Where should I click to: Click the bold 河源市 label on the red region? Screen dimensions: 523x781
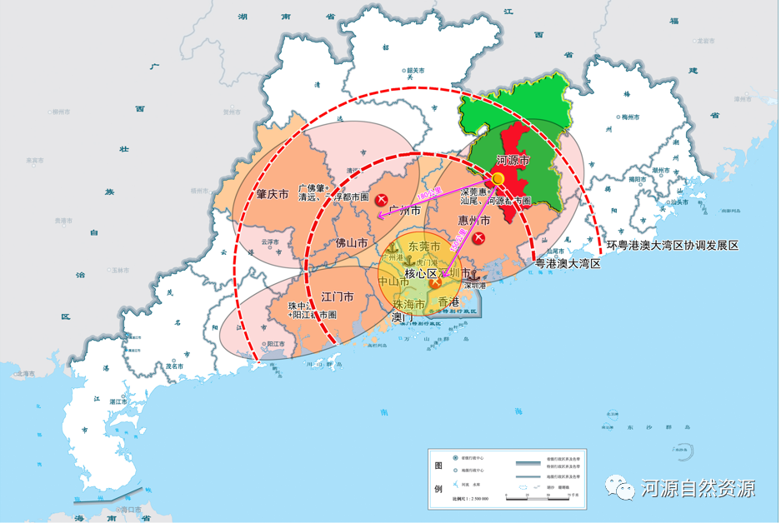coord(513,160)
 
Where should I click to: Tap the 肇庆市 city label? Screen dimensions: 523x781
coord(272,194)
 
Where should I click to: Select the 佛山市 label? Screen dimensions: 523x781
coord(352,243)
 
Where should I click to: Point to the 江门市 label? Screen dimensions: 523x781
coord(338,296)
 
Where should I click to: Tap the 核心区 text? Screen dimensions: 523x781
coord(421,273)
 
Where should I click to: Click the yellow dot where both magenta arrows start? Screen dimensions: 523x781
coord(498,179)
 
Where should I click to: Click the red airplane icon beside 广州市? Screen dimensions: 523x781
coord(381,199)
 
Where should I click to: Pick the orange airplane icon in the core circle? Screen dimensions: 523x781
coord(435,283)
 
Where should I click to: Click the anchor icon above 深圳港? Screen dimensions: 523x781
coord(472,274)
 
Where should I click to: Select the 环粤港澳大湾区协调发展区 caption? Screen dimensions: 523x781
coord(673,246)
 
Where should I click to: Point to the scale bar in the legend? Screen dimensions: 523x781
coord(549,497)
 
